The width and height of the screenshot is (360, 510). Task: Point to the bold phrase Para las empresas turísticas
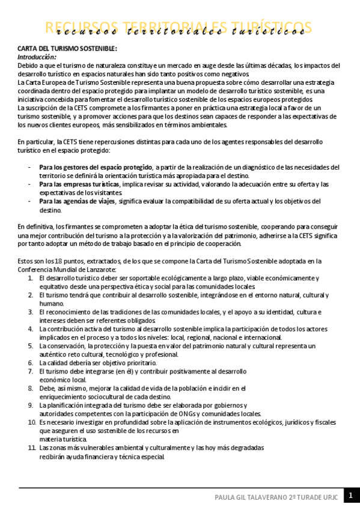tap(79, 184)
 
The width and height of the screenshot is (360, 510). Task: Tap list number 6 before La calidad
tap(30, 363)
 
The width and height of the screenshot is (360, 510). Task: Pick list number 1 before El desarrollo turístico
tap(30, 278)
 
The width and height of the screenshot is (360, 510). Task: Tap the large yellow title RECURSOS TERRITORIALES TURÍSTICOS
tap(179, 28)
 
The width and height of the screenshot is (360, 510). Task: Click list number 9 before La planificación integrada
tap(30, 405)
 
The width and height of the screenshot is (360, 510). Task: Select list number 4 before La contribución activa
tap(30, 330)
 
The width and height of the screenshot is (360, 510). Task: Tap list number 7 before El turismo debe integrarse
tap(30, 372)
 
